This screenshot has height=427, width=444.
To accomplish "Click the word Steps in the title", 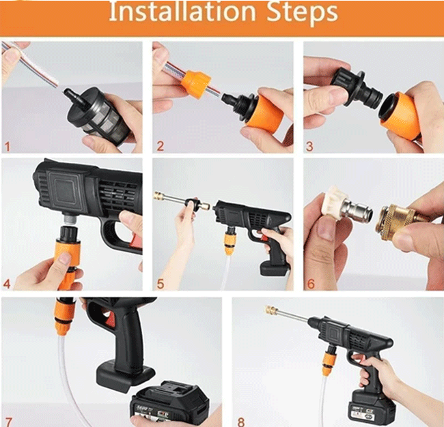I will click(301, 12).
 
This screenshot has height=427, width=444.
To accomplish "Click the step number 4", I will click(8, 284).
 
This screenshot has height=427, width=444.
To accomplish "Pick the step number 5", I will click(160, 284).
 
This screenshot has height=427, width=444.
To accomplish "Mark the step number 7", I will click(8, 419).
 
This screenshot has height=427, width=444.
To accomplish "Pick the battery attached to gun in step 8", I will click(369, 408).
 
